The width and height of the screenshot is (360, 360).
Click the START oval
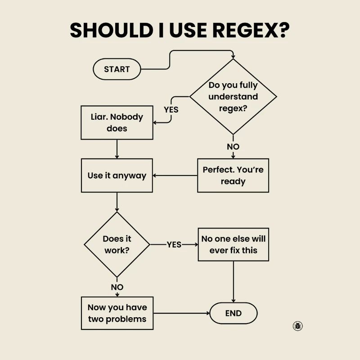click(117, 69)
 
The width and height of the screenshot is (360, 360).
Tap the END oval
click(233, 313)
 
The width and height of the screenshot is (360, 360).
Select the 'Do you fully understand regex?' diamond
click(233, 97)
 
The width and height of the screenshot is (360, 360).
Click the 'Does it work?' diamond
click(117, 245)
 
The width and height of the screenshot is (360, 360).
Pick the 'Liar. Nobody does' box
click(117, 122)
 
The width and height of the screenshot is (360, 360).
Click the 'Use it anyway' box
click(117, 175)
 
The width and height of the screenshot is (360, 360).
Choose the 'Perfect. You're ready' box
click(233, 175)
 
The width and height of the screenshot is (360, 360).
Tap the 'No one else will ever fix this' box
click(233, 244)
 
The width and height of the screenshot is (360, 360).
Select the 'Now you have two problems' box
click(117, 313)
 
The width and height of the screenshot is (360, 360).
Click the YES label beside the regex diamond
click(171, 109)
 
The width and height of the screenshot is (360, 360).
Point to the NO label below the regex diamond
click(233, 147)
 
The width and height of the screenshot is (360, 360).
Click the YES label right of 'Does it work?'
click(174, 245)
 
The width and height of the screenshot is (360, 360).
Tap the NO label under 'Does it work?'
click(117, 287)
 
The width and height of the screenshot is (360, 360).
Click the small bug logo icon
click(297, 326)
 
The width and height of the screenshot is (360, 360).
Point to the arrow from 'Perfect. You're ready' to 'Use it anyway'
click(175, 175)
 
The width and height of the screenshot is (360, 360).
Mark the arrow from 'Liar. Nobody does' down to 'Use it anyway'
click(117, 149)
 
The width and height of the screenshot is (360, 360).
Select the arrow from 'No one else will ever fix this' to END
click(233, 281)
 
